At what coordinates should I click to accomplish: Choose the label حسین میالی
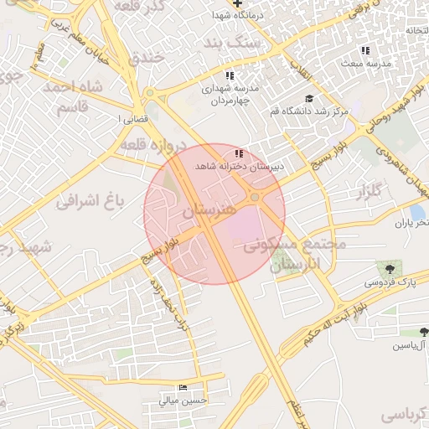point(183,401)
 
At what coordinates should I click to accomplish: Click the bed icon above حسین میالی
point(183,388)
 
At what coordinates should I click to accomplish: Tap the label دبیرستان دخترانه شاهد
point(240,166)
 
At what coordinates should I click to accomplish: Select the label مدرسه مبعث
point(364,63)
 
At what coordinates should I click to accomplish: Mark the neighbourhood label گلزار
point(370,194)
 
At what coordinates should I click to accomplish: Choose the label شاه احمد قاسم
point(80,97)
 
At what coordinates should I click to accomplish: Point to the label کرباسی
point(403,414)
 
